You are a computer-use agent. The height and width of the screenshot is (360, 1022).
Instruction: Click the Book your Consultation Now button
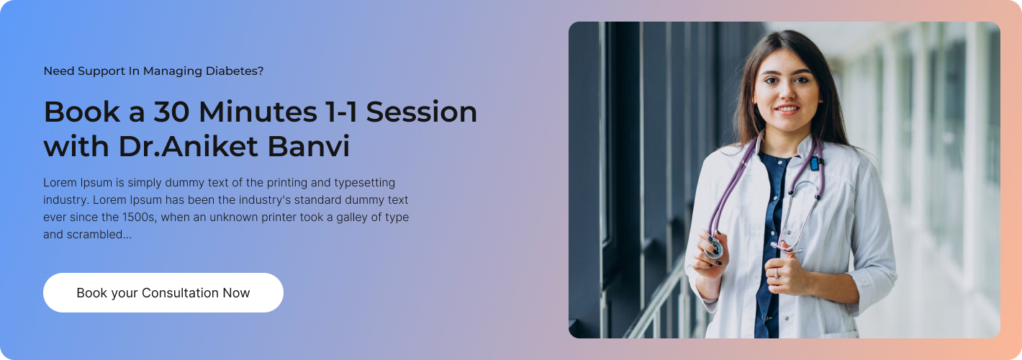[x=163, y=292]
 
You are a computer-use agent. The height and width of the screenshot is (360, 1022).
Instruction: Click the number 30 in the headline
[x=171, y=112]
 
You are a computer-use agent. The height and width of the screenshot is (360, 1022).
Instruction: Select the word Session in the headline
[x=422, y=112]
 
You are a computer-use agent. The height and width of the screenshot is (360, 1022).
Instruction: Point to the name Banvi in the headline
[x=309, y=146]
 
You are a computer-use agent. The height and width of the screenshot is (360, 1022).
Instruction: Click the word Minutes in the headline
[x=258, y=112]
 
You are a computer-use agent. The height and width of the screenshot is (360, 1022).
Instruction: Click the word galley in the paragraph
[x=352, y=217]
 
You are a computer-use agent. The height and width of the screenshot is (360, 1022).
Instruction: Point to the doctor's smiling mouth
[x=787, y=109]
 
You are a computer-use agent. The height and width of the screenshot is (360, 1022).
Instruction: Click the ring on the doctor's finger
[x=776, y=273]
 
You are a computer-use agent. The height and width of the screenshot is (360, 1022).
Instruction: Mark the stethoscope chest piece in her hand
[x=713, y=248]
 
